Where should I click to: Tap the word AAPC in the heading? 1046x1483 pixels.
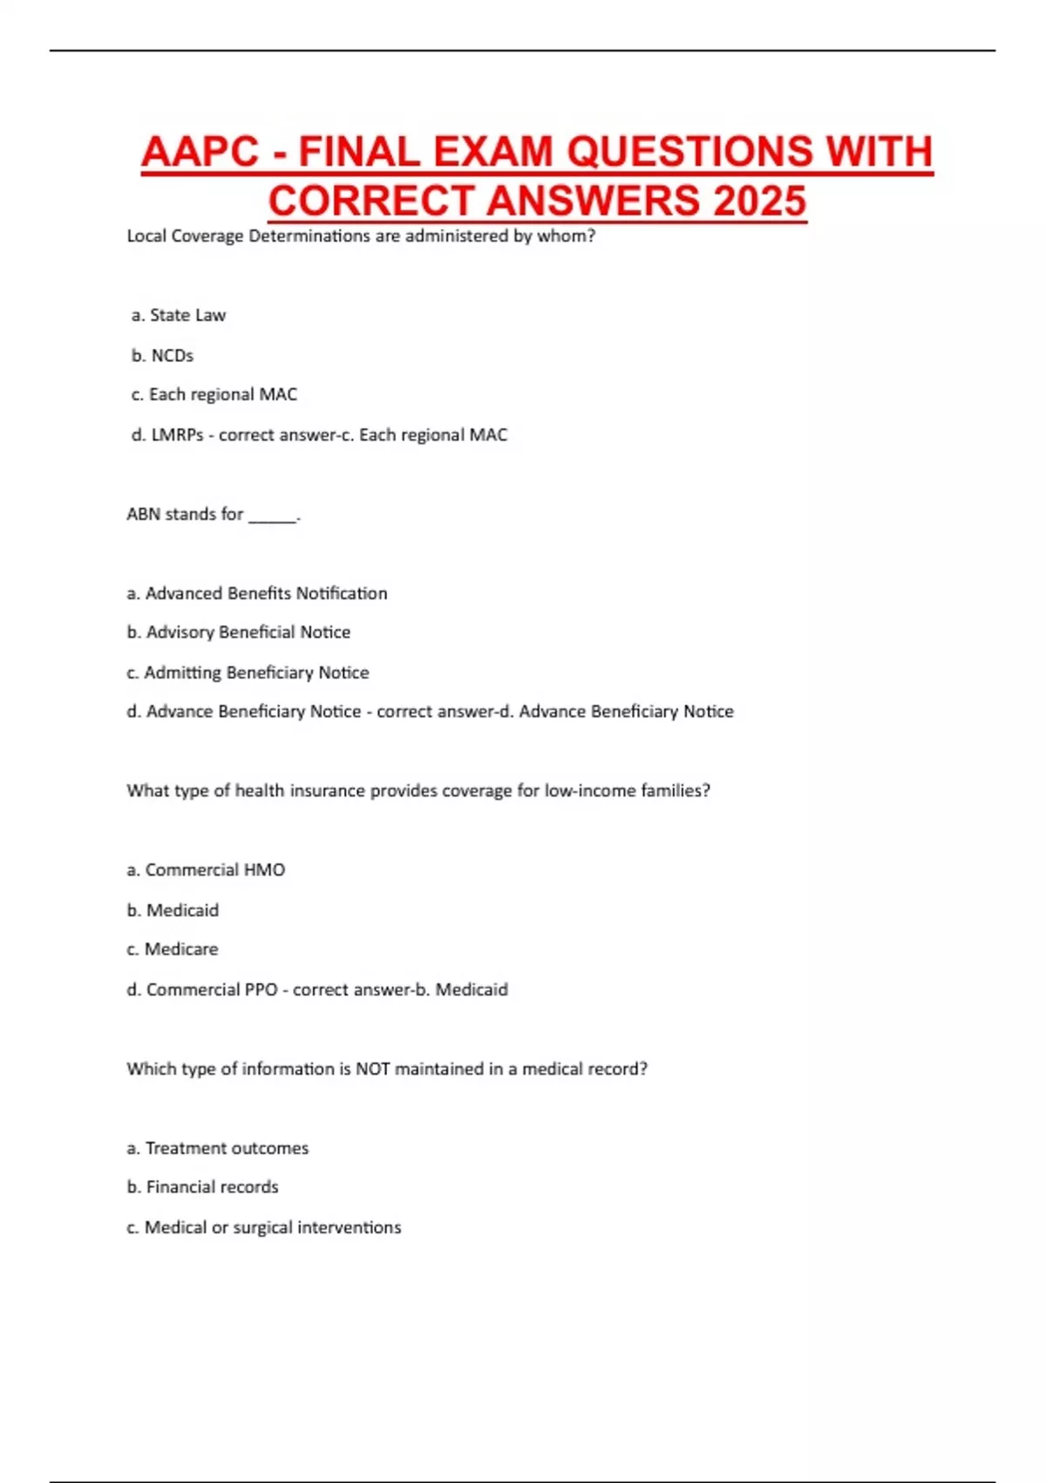(x=200, y=152)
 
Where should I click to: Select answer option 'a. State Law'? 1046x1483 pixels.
(x=179, y=315)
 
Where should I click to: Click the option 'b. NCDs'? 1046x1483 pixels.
(x=162, y=355)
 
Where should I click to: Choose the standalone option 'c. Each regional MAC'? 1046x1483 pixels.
(x=214, y=394)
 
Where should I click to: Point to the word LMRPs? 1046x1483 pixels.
(x=177, y=434)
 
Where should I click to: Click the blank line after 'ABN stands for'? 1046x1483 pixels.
(x=273, y=516)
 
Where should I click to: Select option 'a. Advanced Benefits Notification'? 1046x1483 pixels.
(x=257, y=593)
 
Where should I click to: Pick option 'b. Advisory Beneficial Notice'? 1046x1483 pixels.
(x=239, y=632)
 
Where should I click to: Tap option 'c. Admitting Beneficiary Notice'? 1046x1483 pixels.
(x=248, y=672)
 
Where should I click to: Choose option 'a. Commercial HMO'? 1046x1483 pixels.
(x=206, y=870)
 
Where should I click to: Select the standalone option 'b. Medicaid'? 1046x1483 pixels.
(x=173, y=910)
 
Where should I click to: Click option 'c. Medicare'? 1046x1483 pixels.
(x=173, y=949)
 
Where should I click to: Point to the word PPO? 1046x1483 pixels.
(x=260, y=989)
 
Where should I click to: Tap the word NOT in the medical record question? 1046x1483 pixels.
(x=372, y=1069)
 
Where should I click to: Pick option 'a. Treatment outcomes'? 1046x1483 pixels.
(x=218, y=1148)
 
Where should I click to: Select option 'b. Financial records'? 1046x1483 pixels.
(x=202, y=1186)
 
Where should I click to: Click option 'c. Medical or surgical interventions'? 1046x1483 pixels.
(x=264, y=1227)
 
